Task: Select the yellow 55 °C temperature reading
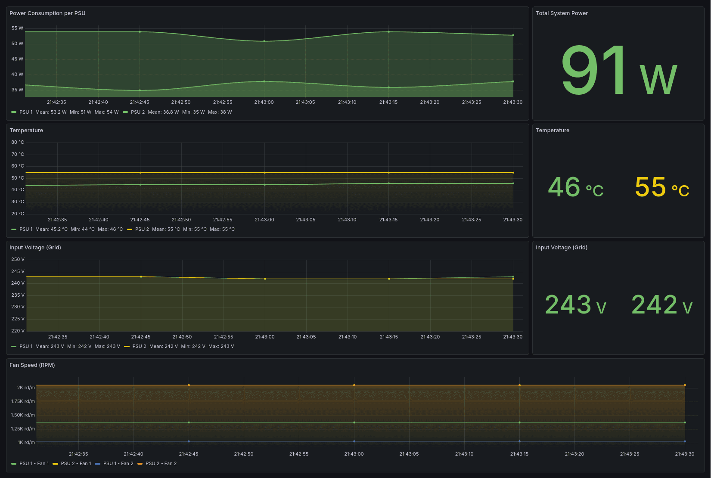pos(661,187)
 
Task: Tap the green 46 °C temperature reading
pos(575,187)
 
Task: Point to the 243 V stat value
pos(575,305)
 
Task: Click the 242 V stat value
pos(661,305)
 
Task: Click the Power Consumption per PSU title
pos(47,13)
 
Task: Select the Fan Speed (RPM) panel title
pos(32,365)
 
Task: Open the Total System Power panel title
pos(562,13)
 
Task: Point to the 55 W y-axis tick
pos(17,28)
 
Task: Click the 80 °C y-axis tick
pos(18,143)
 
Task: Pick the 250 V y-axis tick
pos(18,260)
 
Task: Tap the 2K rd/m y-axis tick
pos(26,388)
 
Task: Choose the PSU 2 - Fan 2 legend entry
pos(161,464)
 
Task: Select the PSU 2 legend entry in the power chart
pos(137,112)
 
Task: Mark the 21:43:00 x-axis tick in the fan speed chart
pos(354,454)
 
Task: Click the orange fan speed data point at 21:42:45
pos(189,385)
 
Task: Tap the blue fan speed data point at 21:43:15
pos(519,441)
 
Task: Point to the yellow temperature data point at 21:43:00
pos(264,173)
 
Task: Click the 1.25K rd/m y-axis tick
pos(23,429)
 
